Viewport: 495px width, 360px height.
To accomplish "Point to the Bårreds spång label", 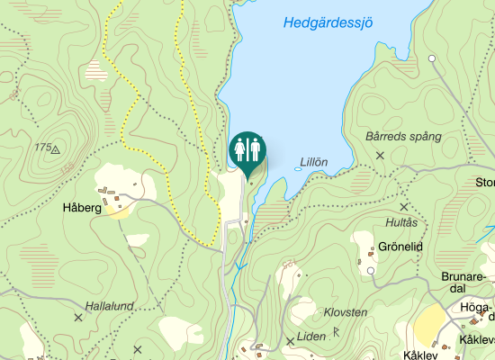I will [404, 137].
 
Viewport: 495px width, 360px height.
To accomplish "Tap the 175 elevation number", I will [41, 147].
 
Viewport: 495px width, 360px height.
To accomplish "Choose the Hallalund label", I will [109, 306].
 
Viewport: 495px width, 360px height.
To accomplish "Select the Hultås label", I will [401, 222].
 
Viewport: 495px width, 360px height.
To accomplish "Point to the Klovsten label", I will [346, 312].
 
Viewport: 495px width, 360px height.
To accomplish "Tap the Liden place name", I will [310, 337].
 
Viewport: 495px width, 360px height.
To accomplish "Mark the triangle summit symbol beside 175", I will [56, 149].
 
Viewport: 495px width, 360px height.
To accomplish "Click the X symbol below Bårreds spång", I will [380, 156].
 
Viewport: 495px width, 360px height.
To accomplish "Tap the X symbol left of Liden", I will [290, 341].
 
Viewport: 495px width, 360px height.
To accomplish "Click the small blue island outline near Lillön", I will [298, 167].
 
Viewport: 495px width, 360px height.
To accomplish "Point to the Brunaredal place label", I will [464, 282].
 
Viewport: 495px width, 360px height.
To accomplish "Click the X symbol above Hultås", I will [404, 207].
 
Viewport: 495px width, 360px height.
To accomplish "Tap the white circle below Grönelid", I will [371, 270].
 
